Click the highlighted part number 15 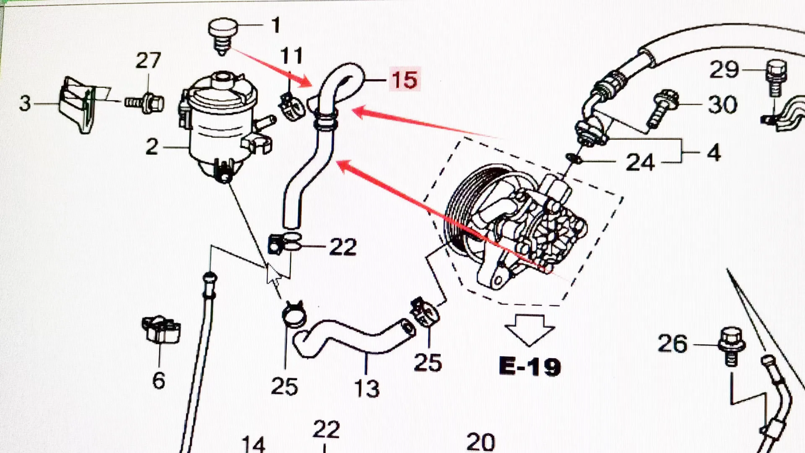404,80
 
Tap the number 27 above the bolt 148,60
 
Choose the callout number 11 292,56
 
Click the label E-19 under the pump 530,366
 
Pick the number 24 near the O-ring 640,162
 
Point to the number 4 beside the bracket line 714,152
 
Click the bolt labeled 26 731,346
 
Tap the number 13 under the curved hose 367,388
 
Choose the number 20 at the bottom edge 480,443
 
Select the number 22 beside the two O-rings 343,247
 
